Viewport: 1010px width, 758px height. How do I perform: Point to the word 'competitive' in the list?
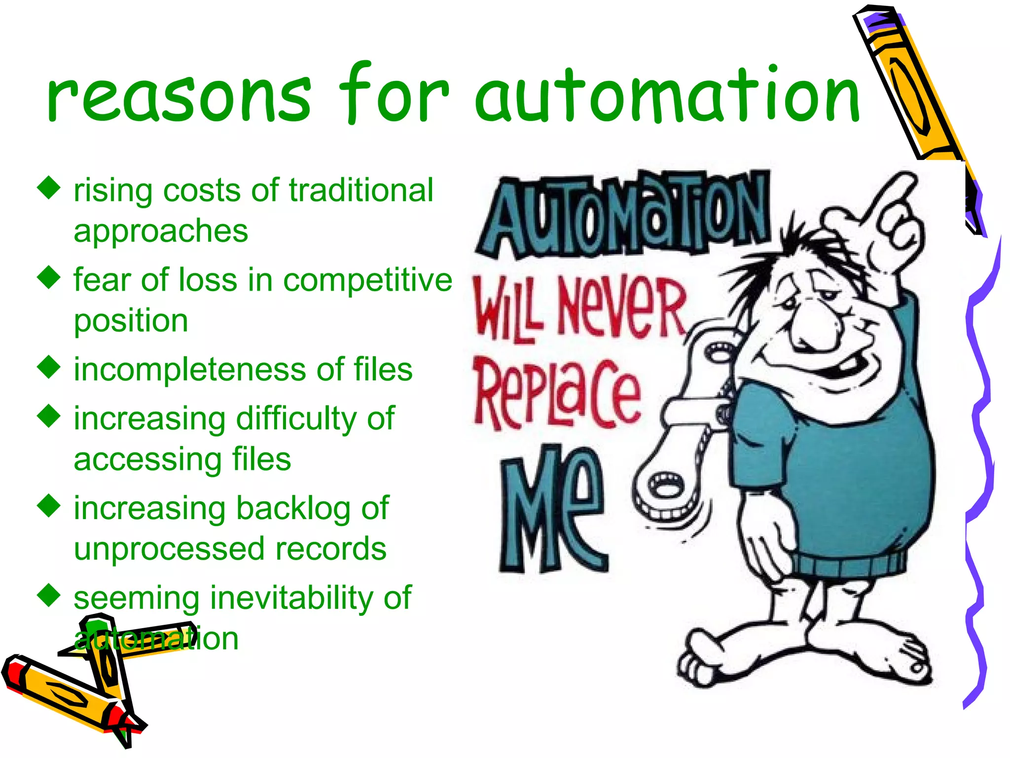point(367,280)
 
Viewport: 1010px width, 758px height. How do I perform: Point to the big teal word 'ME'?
point(552,508)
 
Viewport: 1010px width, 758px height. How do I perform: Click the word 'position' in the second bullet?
point(131,321)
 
